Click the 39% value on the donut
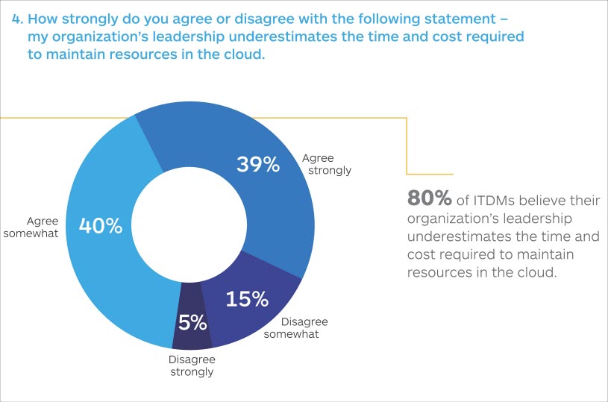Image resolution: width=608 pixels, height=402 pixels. pyautogui.click(x=257, y=165)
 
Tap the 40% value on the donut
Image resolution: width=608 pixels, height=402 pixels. pyautogui.click(x=100, y=225)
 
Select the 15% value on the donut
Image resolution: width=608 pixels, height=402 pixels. pyautogui.click(x=246, y=299)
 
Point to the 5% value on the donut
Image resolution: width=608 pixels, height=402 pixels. pyautogui.click(x=192, y=322)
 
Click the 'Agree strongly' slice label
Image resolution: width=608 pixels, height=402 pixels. pyautogui.click(x=326, y=164)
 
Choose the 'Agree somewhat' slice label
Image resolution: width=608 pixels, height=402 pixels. pyautogui.click(x=43, y=227)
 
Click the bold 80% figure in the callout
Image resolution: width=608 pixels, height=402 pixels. pyautogui.click(x=430, y=198)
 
